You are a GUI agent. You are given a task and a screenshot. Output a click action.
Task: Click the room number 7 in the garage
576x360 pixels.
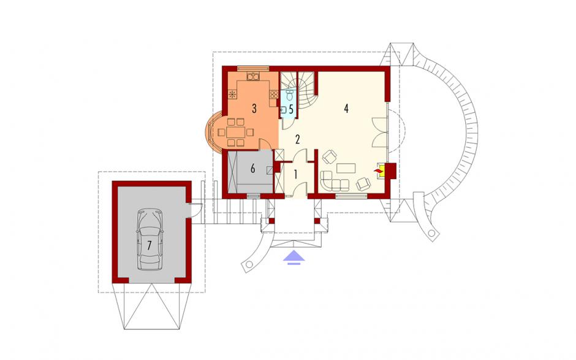(x=149, y=245)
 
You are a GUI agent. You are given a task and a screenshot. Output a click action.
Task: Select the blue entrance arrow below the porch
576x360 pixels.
(x=294, y=257)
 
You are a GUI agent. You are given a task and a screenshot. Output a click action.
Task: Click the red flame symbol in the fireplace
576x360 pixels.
(x=377, y=171)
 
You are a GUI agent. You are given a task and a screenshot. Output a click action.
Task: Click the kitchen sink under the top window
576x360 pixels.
(x=253, y=77)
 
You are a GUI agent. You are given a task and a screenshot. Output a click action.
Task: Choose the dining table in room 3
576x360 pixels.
(x=235, y=132)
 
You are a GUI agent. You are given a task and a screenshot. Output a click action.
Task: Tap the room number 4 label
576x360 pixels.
(x=346, y=109)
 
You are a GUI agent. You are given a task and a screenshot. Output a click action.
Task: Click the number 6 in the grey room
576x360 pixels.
(x=252, y=169)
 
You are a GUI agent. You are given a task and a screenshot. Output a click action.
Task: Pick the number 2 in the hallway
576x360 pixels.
(x=298, y=139)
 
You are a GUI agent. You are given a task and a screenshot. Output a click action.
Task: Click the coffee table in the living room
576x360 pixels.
(x=346, y=167)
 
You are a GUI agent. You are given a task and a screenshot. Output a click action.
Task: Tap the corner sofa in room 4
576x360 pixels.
(x=333, y=181)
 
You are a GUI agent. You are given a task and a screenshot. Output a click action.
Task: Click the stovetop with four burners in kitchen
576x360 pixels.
(x=274, y=94)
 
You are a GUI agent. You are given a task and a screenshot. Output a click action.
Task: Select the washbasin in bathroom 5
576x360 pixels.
(x=284, y=109)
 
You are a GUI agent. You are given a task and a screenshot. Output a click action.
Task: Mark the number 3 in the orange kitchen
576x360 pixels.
(x=254, y=109)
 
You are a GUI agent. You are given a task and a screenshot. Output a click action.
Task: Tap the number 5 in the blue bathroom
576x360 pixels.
(x=290, y=109)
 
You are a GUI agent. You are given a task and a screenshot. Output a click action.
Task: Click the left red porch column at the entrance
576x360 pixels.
(x=271, y=221)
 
